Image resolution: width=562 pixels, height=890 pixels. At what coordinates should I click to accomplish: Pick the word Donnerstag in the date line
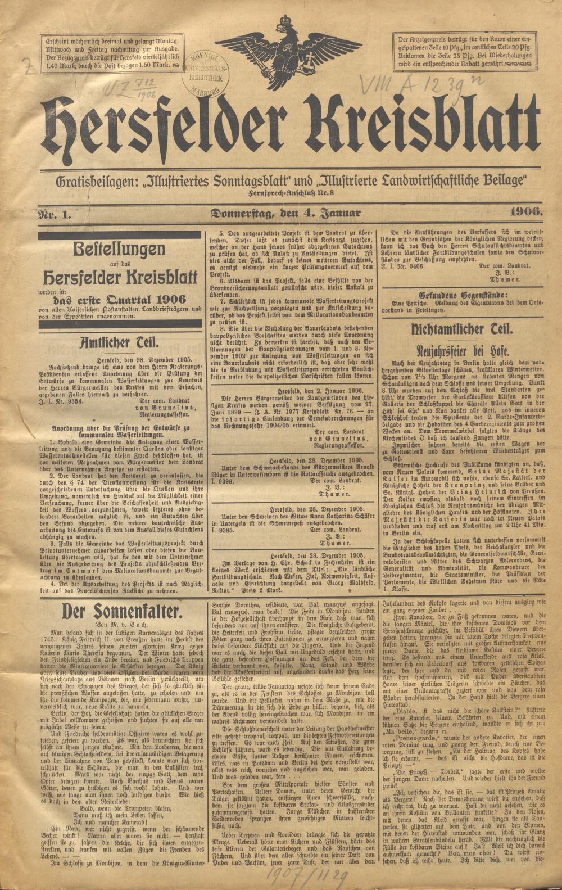point(241,213)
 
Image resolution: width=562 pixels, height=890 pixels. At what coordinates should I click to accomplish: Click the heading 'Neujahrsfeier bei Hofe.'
point(461,352)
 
